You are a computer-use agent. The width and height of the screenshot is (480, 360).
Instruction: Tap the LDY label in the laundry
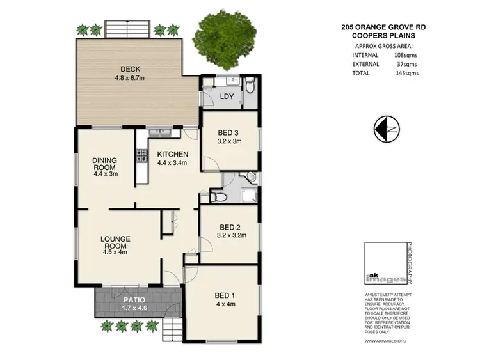click(227, 97)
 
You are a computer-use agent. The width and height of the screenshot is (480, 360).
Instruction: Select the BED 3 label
click(229, 133)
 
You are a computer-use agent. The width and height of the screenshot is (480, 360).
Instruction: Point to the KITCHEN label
click(173, 154)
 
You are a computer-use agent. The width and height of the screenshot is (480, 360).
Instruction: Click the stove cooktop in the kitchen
click(140, 155)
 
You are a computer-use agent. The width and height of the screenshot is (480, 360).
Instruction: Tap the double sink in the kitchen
click(159, 133)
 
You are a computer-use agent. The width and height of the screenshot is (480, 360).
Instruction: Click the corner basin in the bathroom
click(251, 177)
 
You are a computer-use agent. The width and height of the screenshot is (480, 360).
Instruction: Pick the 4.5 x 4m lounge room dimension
click(115, 251)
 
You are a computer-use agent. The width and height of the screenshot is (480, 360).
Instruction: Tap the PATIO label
click(134, 299)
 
